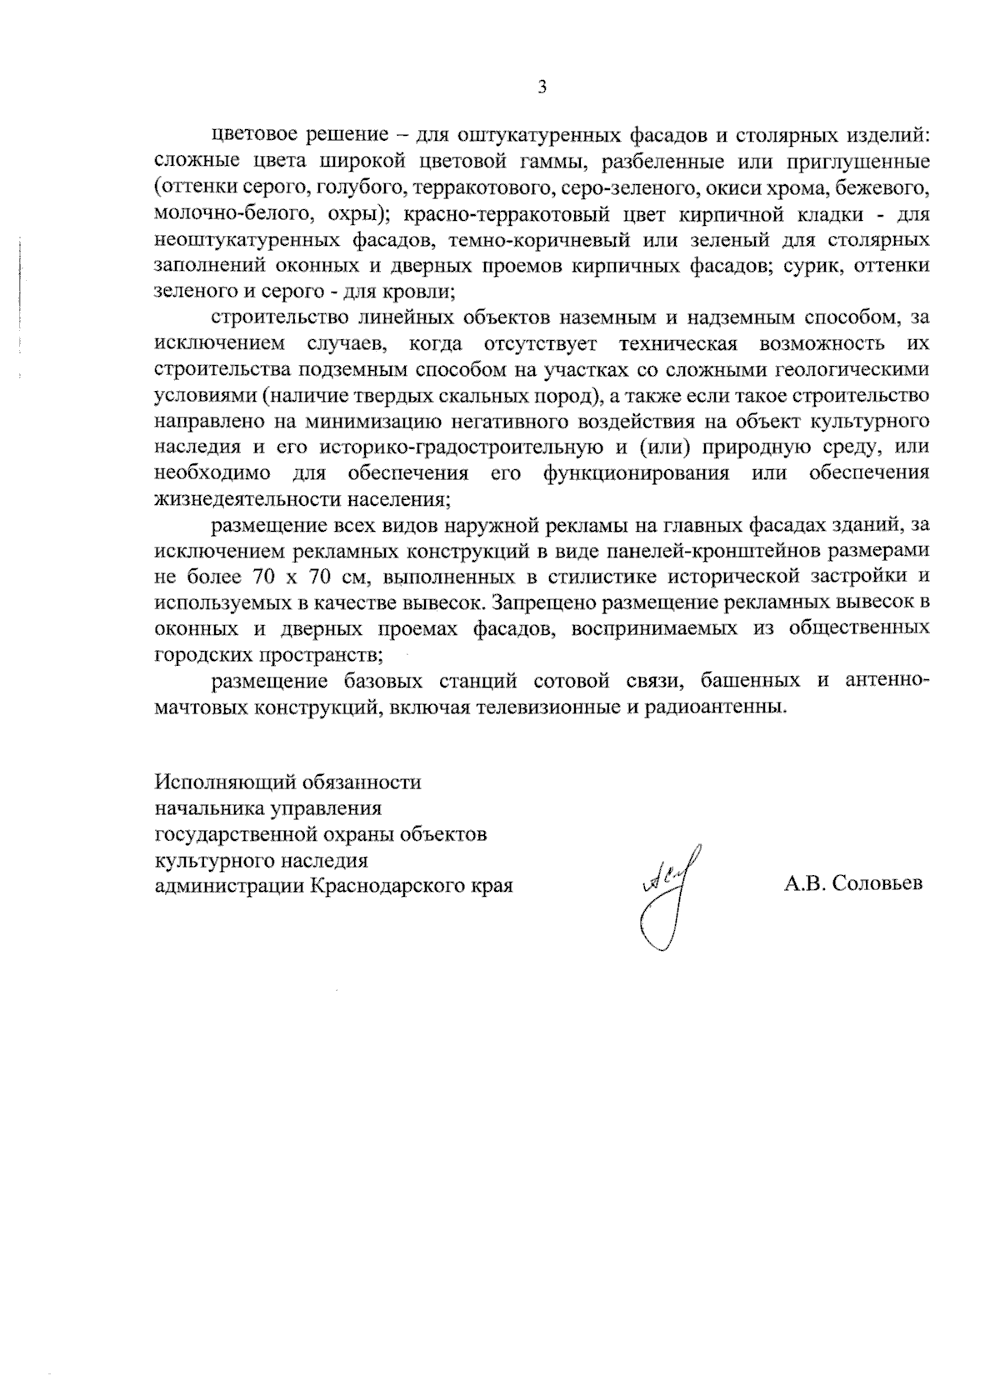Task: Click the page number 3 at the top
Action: click(x=542, y=88)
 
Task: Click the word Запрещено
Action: click(x=542, y=603)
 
